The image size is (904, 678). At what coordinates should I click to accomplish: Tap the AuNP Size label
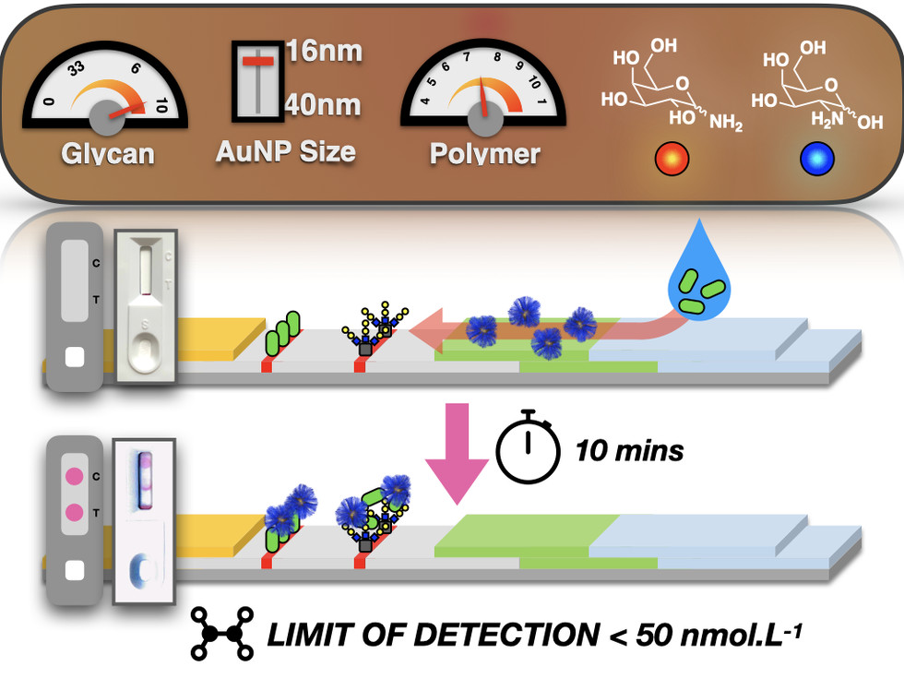285,151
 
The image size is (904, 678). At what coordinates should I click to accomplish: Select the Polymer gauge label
485,153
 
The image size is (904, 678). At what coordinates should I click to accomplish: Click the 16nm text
323,52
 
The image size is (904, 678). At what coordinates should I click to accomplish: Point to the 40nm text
322,105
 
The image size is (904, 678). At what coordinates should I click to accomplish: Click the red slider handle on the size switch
257,61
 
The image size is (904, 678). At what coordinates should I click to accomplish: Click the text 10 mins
629,451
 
